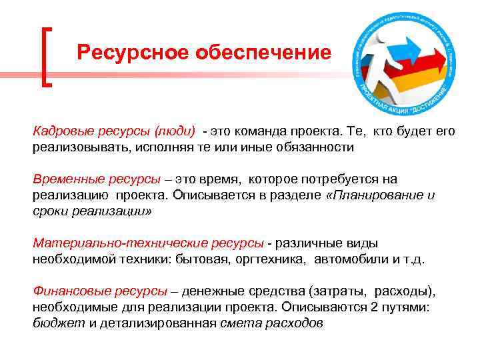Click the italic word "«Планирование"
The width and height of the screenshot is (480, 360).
(x=373, y=195)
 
